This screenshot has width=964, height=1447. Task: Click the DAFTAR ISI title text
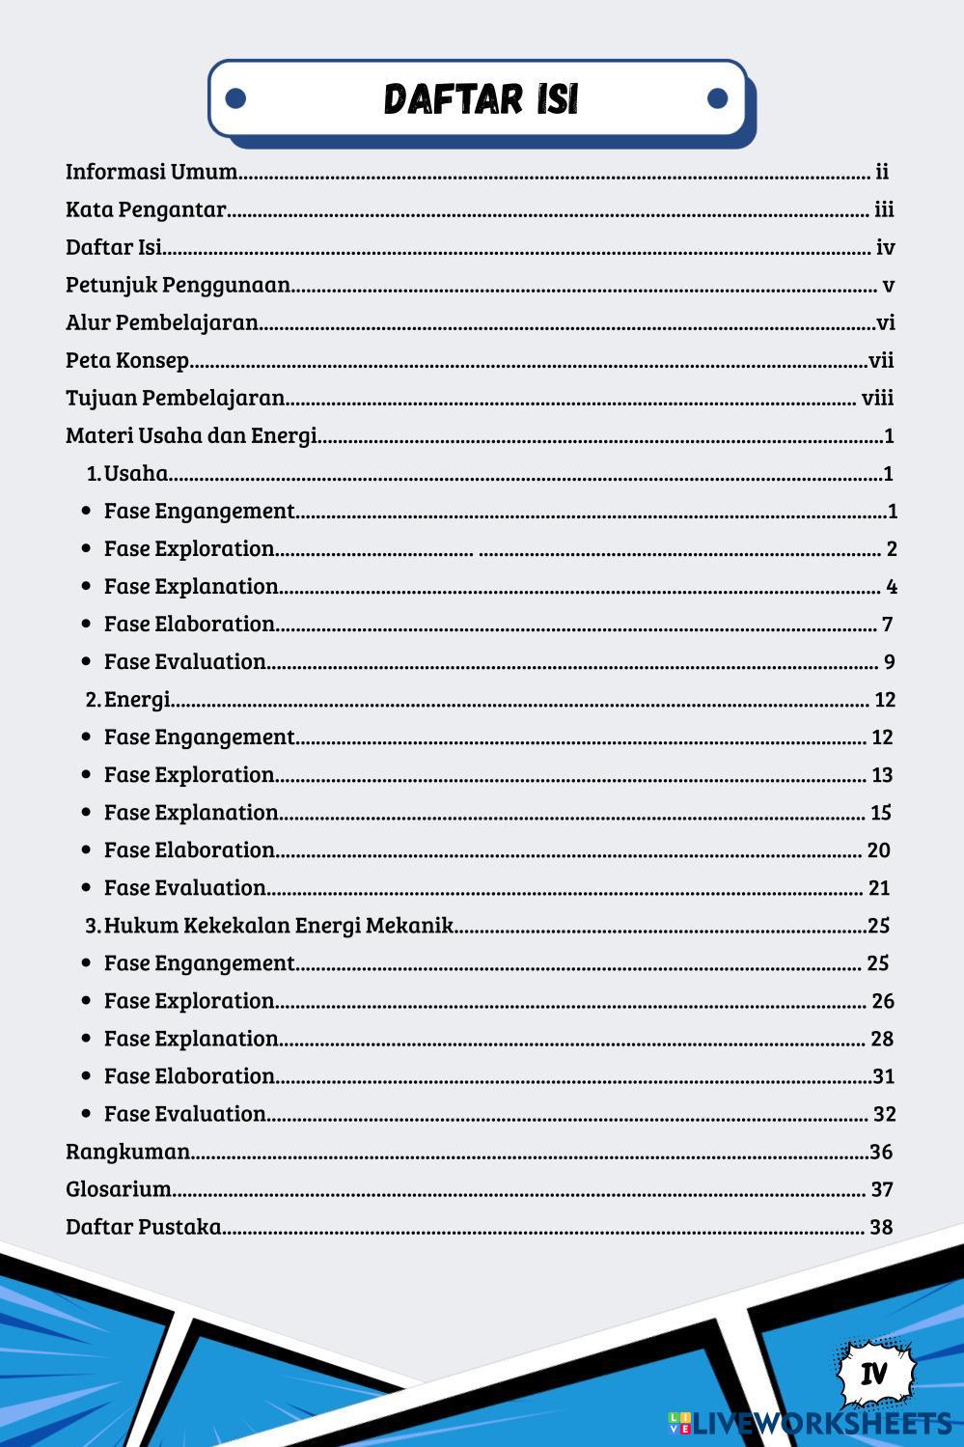(x=481, y=98)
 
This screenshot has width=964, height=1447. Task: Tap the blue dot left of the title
(x=235, y=98)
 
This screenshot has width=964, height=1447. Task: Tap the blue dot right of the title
(x=717, y=98)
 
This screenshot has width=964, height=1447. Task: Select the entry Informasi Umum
(x=151, y=172)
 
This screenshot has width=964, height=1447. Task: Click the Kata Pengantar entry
(x=146, y=209)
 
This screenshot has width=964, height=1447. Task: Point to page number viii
(x=877, y=398)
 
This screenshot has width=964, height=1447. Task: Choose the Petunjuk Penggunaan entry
(x=178, y=285)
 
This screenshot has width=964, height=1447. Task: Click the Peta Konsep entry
(x=127, y=360)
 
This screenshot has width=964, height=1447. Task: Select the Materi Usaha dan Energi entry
(x=191, y=435)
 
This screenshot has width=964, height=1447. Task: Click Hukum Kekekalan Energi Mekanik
(x=278, y=925)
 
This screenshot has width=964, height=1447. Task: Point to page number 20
(x=878, y=850)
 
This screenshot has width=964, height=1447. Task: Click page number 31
(x=883, y=1076)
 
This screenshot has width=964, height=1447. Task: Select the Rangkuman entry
(x=127, y=1152)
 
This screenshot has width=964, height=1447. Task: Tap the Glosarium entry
(x=118, y=1189)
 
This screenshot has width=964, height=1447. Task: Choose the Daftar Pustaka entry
(x=143, y=1227)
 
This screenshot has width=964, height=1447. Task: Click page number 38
(x=881, y=1227)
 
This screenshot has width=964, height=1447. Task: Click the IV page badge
(x=874, y=1373)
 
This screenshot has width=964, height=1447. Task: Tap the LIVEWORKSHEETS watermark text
(x=820, y=1423)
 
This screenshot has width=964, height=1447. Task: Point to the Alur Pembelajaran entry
(x=161, y=322)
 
